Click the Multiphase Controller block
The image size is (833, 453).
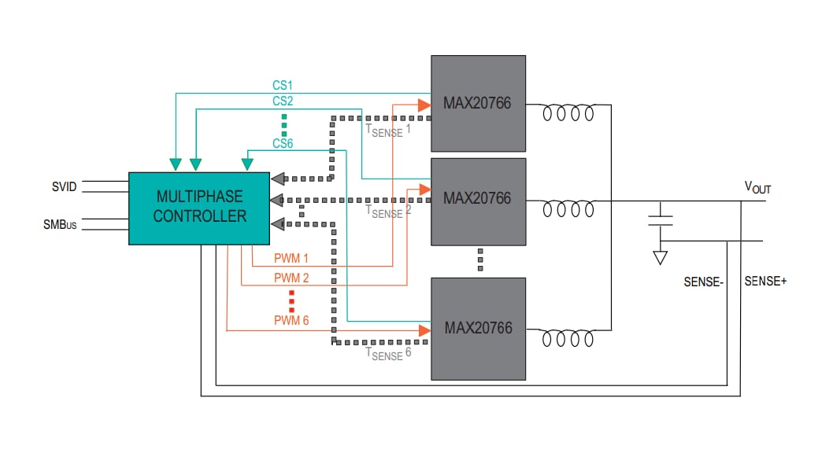199,206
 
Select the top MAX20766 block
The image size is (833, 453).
478,103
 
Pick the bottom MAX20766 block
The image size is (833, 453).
478,328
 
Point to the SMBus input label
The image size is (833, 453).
60,224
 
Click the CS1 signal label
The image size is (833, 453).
283,84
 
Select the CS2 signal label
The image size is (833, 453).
283,101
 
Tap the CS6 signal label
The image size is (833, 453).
283,143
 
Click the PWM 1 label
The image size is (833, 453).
291,258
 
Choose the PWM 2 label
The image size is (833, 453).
291,278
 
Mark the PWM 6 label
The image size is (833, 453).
291,320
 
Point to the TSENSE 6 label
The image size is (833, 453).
387,353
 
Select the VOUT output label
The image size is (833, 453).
757,187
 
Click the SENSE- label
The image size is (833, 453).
703,281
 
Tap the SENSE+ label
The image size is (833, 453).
765,281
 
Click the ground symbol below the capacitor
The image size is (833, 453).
661,257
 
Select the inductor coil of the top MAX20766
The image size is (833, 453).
568,114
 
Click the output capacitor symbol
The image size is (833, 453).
661,219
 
